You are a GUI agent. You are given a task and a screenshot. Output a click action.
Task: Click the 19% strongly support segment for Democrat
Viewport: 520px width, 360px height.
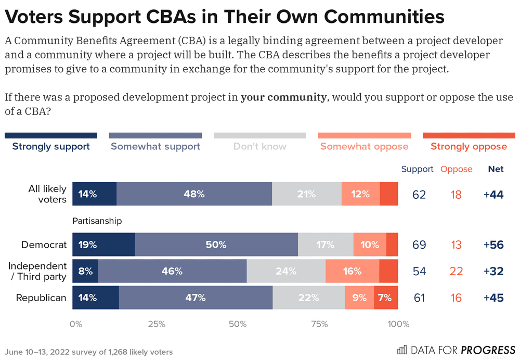103,245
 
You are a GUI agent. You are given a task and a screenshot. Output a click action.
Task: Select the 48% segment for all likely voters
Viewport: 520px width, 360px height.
194,194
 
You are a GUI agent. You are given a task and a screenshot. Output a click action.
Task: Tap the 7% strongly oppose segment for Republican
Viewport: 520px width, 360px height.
385,298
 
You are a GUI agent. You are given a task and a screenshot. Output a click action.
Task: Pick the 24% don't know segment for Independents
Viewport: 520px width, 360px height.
285,271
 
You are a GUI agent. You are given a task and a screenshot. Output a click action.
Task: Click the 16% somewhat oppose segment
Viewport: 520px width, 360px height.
352,271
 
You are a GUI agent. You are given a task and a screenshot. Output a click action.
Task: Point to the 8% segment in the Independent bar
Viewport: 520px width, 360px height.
85,271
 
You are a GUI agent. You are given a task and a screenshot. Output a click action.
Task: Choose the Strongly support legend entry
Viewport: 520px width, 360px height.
51,146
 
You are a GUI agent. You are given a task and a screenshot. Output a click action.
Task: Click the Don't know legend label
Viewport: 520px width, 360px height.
259,146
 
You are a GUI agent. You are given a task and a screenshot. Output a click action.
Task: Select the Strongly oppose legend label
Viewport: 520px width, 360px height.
469,146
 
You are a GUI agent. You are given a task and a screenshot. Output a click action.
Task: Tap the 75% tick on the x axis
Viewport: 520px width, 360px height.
319,324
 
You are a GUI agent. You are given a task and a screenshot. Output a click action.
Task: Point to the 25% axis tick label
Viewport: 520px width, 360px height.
156,324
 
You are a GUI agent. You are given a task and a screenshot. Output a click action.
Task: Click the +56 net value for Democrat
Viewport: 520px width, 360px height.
493,245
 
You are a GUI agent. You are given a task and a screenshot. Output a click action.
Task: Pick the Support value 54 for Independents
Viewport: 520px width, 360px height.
419,272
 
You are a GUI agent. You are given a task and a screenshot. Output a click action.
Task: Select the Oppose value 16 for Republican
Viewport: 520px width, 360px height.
456,298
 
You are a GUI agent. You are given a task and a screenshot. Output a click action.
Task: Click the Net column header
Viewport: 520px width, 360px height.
496,169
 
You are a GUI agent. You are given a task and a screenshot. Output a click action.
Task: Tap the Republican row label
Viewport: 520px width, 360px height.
41,298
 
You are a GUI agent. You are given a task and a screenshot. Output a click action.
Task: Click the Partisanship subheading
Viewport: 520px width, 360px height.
97,221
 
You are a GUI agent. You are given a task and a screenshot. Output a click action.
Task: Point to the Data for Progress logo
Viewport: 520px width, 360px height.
456,350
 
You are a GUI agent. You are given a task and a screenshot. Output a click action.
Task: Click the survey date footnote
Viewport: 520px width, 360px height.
88,352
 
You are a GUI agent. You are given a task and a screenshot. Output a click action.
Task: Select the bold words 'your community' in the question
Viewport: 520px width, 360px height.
283,97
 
